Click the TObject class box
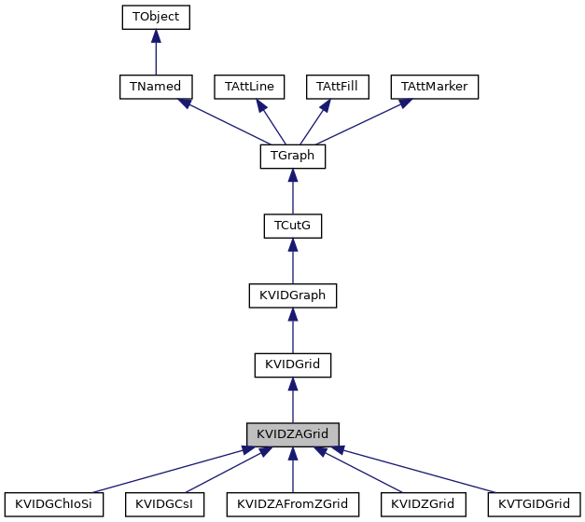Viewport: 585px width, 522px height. coord(156,17)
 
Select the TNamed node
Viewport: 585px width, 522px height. coord(156,87)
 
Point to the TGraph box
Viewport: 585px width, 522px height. coord(292,157)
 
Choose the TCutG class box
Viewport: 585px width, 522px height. coord(292,227)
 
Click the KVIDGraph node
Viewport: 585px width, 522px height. coord(292,296)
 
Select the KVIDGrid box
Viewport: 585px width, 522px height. coord(292,365)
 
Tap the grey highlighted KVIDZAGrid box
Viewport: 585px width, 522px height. coord(292,435)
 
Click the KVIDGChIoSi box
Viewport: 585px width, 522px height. coord(53,504)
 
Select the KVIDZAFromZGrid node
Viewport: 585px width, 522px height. coord(292,504)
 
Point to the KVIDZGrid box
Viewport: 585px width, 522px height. coord(423,504)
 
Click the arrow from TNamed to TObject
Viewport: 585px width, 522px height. coord(156,51)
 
